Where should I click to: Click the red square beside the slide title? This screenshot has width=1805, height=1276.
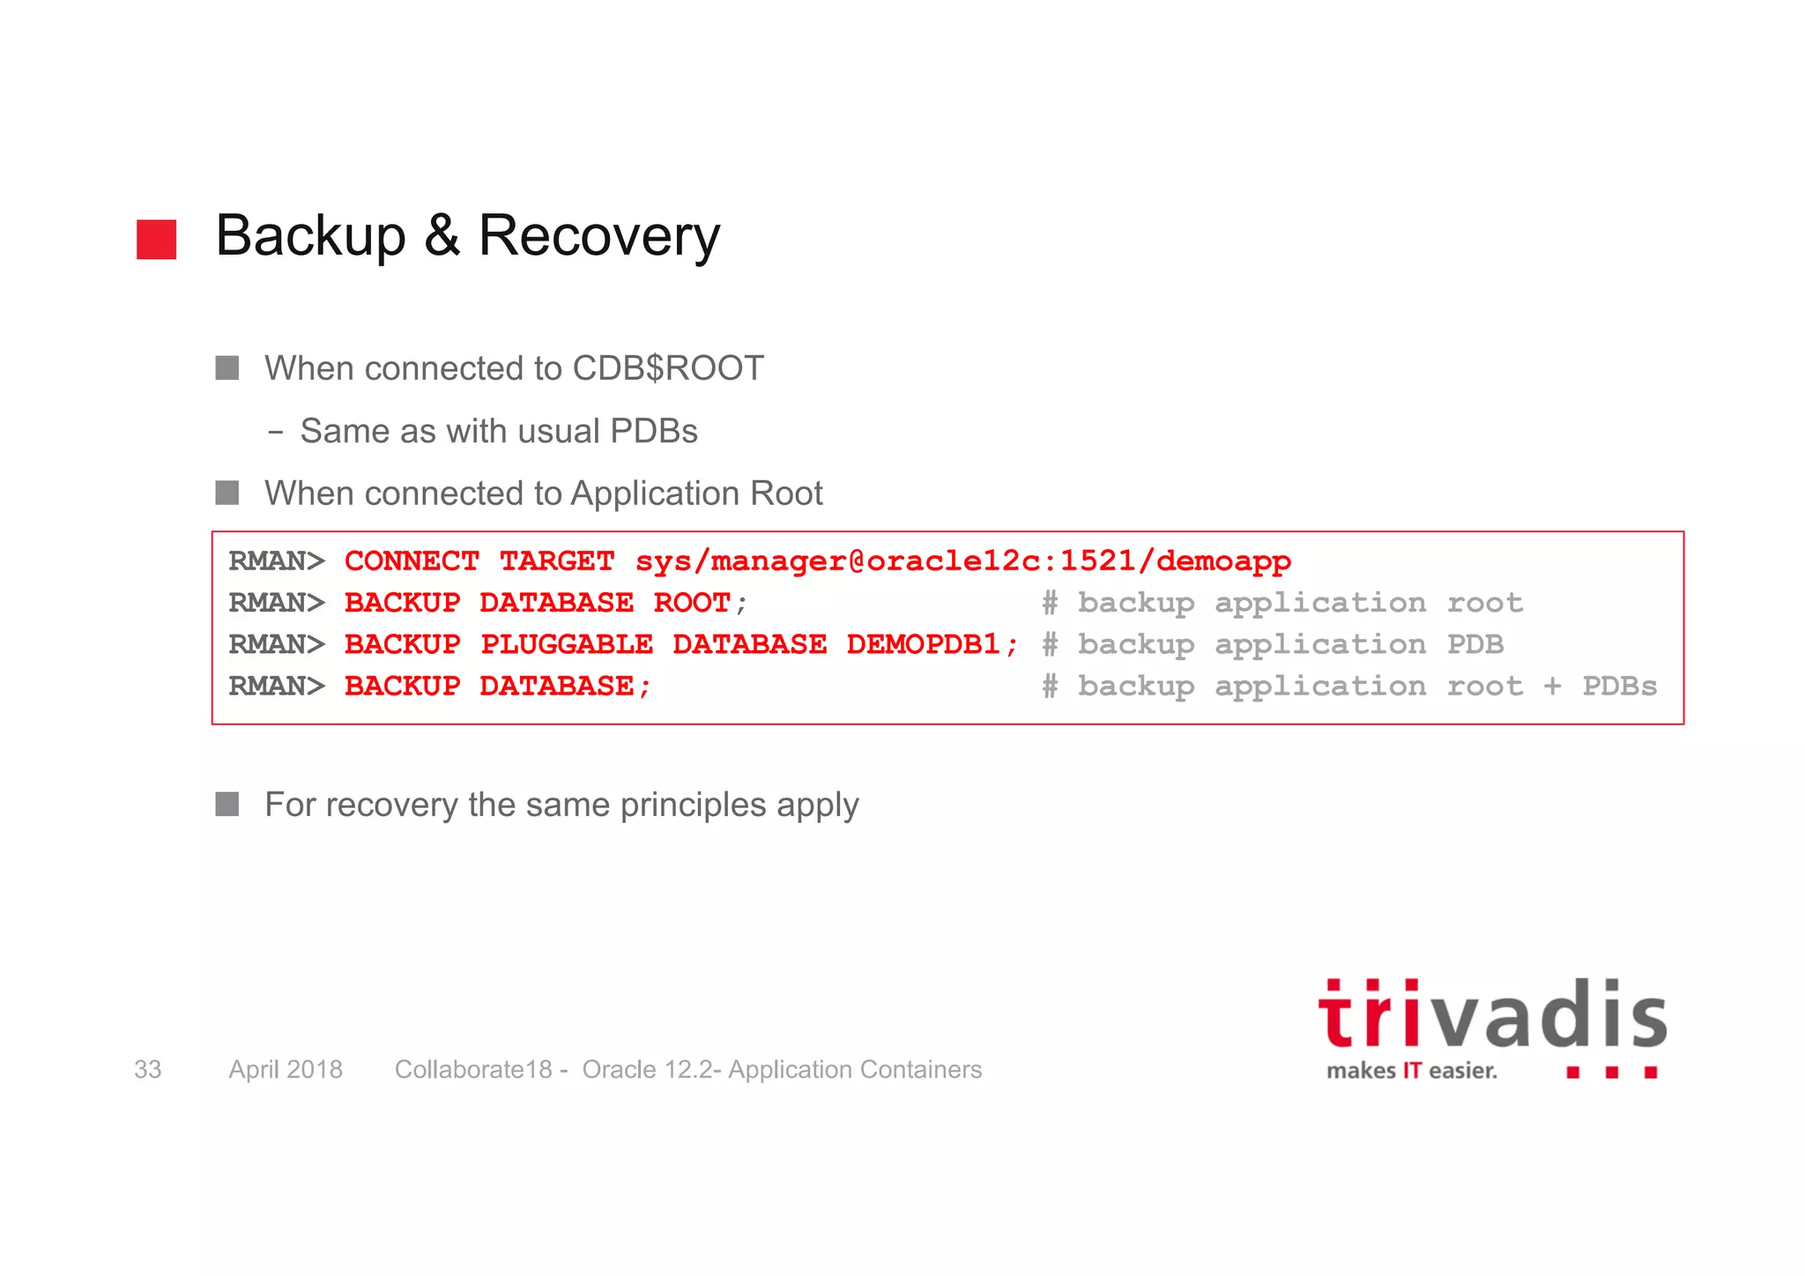click(x=156, y=240)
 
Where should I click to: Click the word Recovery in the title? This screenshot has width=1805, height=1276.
click(x=598, y=236)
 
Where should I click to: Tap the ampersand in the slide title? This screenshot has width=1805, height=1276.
click(x=442, y=236)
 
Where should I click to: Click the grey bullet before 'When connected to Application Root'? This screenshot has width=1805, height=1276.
click(x=227, y=493)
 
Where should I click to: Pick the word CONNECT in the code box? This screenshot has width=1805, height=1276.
click(x=412, y=560)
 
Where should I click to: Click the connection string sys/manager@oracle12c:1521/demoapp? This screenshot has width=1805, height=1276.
click(x=962, y=560)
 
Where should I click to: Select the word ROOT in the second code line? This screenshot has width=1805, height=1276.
click(x=691, y=603)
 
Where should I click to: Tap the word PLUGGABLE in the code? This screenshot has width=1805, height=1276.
click(x=566, y=644)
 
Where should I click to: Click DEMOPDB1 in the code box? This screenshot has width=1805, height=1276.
click(x=924, y=644)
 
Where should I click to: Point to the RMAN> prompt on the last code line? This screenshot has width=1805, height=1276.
click(x=277, y=686)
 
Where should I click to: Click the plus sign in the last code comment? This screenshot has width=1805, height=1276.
click(x=1552, y=686)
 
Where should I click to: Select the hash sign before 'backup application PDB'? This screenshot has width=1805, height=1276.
click(x=1050, y=644)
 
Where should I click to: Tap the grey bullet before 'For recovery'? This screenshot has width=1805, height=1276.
click(x=227, y=804)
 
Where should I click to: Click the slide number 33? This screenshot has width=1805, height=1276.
click(x=147, y=1069)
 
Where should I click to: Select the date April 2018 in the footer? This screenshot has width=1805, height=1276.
click(x=286, y=1069)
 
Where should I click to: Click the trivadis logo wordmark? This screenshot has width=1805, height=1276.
click(x=1491, y=1015)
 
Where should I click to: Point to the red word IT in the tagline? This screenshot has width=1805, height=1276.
click(x=1412, y=1071)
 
